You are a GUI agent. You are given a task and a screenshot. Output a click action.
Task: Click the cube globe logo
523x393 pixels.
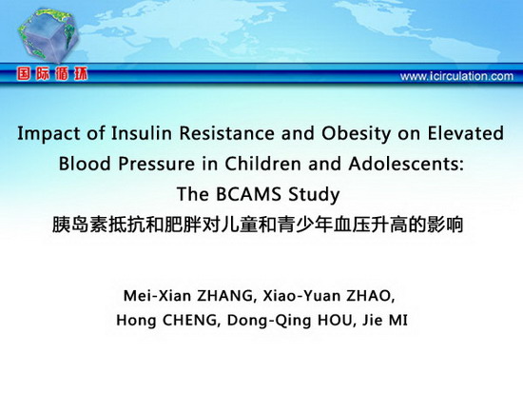pyautogui.click(x=48, y=35)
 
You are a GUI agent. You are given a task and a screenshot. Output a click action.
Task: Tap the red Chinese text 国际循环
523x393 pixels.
pyautogui.click(x=52, y=74)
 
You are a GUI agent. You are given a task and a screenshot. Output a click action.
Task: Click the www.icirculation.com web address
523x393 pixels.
pyautogui.click(x=456, y=76)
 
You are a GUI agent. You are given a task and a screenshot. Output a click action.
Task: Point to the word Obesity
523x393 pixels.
pyautogui.click(x=356, y=133)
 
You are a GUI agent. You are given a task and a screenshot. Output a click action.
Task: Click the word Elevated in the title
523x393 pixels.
pyautogui.click(x=466, y=133)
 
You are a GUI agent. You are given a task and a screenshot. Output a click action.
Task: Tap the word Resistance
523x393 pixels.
pyautogui.click(x=226, y=133)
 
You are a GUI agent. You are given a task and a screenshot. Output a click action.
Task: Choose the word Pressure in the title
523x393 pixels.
pyautogui.click(x=157, y=164)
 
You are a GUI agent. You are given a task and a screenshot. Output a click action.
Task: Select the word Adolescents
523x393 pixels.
pyautogui.click(x=406, y=164)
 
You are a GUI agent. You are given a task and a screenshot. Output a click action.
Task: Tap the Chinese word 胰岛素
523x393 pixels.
pyautogui.click(x=80, y=225)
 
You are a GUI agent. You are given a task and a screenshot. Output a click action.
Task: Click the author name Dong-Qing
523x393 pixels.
pyautogui.click(x=269, y=322)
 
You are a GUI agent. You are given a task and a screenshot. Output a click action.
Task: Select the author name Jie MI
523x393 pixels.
pyautogui.click(x=384, y=321)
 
